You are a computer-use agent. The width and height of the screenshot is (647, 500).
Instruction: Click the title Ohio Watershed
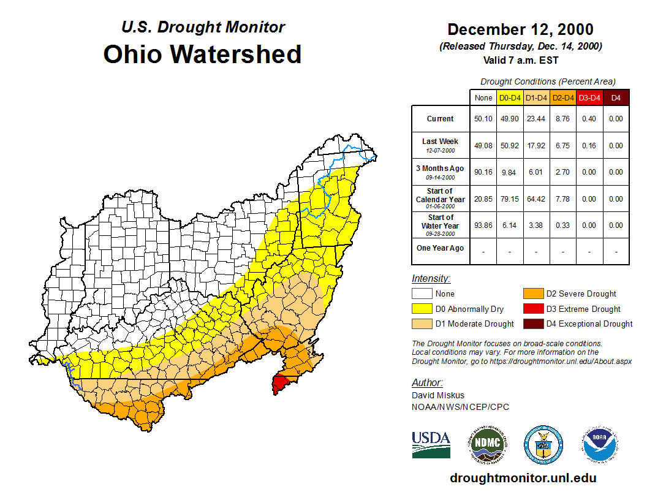202,54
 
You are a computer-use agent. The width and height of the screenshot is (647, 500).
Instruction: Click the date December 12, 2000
520,29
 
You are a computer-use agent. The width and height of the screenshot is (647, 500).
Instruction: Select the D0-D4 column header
510,97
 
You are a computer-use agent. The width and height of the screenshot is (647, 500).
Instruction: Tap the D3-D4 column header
589,97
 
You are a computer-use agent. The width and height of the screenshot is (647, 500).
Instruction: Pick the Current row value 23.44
536,119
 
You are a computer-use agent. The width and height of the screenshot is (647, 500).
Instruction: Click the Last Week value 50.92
510,146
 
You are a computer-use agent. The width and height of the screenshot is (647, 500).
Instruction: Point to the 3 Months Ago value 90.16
483,172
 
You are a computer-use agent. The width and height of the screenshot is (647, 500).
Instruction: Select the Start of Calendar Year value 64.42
536,199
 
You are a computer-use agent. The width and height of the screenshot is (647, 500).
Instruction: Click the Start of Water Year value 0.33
562,225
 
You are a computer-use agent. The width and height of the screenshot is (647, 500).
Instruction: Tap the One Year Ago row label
440,248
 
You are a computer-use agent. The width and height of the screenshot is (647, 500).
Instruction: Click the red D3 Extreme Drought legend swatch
532,309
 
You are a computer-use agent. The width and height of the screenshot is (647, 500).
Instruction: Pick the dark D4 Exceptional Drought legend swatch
532,324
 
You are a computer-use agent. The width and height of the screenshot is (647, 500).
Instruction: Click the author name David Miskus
437,395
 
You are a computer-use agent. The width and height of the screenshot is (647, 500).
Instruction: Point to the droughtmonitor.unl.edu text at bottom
523,478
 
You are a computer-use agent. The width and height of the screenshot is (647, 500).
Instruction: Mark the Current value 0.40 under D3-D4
589,119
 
